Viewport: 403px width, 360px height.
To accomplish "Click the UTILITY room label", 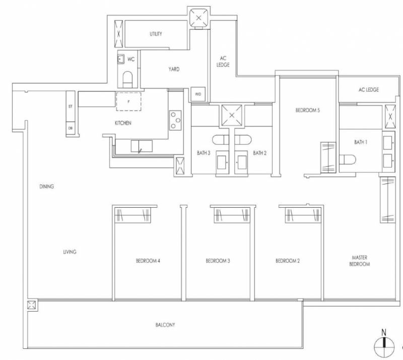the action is tap(156, 34).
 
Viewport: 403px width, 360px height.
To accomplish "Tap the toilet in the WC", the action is tap(127, 80).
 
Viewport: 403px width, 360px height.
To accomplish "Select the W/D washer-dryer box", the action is tap(198, 94).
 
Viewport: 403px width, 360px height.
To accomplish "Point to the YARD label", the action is tap(174, 69).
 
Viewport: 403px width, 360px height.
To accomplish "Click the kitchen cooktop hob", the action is tap(175, 120).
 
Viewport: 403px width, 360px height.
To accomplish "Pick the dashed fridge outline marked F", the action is tap(128, 101).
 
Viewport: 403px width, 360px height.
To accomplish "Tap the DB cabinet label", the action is tap(71, 128).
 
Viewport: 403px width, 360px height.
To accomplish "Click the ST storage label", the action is tap(71, 106).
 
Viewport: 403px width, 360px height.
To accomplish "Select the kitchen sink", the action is tap(142, 146).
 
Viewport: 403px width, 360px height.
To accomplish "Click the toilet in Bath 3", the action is tap(221, 140).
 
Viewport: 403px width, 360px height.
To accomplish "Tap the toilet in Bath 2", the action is tap(243, 140).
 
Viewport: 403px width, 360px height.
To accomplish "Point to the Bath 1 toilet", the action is tap(348, 159).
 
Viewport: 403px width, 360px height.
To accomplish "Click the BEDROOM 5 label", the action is tap(308, 110).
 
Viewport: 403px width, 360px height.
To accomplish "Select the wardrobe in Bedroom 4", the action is tap(132, 215).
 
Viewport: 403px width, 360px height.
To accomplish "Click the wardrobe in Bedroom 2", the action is tap(303, 215).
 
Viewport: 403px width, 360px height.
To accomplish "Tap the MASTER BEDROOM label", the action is tap(360, 261).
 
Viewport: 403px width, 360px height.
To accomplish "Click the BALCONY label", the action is tap(165, 325).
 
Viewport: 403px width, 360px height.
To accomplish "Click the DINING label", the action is tap(47, 187).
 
